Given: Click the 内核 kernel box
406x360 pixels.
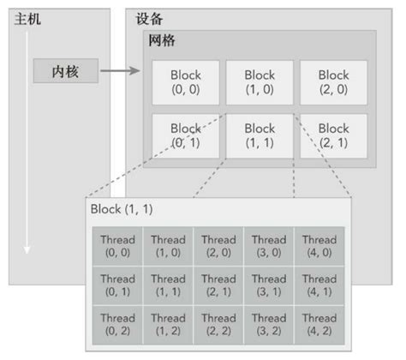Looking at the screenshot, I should (66, 71).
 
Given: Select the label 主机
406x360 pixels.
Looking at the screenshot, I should (27, 19).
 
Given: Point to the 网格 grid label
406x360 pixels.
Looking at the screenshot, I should (163, 40).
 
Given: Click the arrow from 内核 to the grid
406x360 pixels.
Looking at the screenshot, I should (119, 72).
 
